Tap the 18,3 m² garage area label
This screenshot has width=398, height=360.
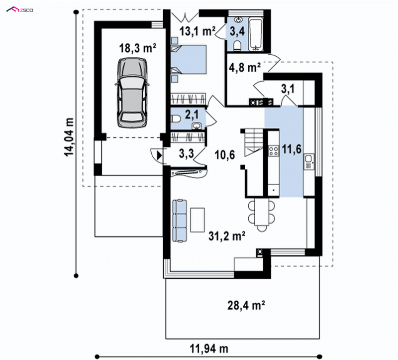[x=138, y=48]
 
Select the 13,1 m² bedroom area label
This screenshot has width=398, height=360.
[x=198, y=31]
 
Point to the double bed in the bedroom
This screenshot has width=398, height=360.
[x=189, y=60]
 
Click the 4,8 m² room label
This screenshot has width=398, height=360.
[x=245, y=68]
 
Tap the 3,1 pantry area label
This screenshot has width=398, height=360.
[x=288, y=89]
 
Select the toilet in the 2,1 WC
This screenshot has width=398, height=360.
[x=176, y=119]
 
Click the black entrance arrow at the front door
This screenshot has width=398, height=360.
[x=159, y=155]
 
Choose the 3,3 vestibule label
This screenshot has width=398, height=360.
[x=186, y=153]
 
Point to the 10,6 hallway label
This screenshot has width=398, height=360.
[x=225, y=154]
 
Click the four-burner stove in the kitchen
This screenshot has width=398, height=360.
[x=274, y=150]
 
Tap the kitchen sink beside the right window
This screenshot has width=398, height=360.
[x=309, y=162]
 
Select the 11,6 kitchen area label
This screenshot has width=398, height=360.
[x=292, y=149]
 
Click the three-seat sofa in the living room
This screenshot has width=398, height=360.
[x=180, y=221]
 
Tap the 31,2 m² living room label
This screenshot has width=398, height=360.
[x=227, y=236]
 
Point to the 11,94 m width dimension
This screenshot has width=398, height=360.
[x=209, y=349]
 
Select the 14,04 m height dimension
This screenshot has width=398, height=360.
[x=69, y=137]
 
